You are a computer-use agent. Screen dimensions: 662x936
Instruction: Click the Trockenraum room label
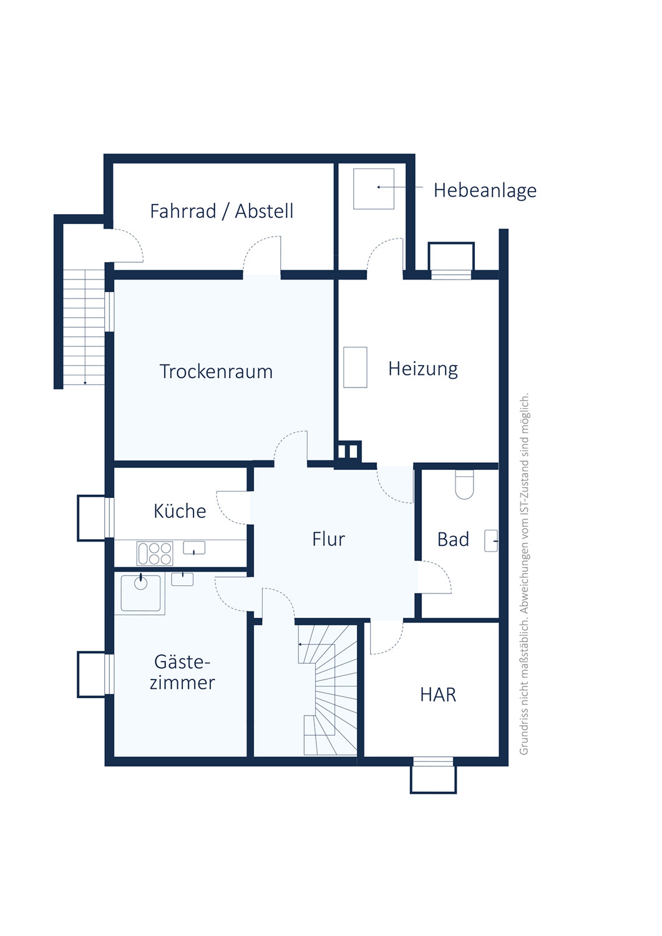point(216,371)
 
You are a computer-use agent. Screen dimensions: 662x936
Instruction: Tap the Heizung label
point(423,369)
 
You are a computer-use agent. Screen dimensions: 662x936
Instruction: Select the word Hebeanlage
point(485,190)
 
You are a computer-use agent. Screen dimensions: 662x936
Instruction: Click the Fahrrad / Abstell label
point(221,211)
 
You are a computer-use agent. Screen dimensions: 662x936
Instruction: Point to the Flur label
point(328,539)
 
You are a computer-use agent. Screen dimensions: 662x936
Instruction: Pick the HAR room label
point(438,695)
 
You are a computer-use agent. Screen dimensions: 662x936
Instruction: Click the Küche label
point(180,510)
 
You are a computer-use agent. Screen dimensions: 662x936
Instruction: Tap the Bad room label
point(453,540)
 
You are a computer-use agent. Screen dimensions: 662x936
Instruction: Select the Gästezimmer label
point(182,672)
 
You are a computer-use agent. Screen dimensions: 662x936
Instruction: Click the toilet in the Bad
point(464,484)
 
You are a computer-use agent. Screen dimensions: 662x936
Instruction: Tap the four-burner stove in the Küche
point(155,553)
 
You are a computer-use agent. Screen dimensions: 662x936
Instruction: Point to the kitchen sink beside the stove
point(194,548)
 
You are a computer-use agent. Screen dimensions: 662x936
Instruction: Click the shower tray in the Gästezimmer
point(140,593)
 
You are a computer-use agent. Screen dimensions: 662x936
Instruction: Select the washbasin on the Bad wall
point(491,541)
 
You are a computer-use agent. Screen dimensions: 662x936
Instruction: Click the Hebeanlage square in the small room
point(374,188)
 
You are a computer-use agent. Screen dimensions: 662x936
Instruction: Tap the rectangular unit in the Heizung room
point(355,368)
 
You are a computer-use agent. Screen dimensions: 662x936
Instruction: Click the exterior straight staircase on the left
point(84,327)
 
